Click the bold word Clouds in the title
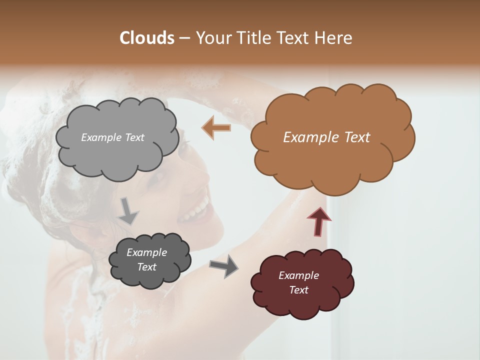pos(147,38)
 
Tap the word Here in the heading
pos(334,38)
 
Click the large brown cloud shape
pos(332,160)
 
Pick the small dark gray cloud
pos(149,275)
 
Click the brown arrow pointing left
pos(216,128)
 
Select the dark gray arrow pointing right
pos(224,265)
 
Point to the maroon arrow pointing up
pos(319,220)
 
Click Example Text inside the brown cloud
pos(326,137)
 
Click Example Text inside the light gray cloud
pos(112,137)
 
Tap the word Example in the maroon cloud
pos(298,275)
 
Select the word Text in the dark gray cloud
pos(146,267)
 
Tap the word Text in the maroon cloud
pos(298,290)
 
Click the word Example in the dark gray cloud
pos(146,252)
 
